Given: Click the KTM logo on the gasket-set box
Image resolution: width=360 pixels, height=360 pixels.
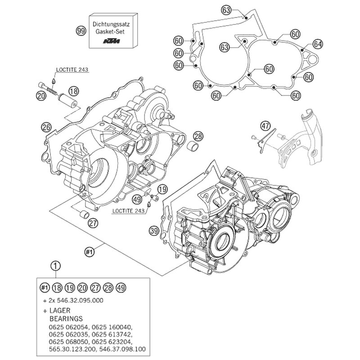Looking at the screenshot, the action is [111, 41].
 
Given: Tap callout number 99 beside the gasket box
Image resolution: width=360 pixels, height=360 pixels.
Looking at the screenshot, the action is [81, 31].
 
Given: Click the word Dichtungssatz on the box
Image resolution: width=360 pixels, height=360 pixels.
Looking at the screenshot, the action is [111, 24].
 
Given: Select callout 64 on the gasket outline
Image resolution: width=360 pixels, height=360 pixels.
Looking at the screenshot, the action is [318, 44].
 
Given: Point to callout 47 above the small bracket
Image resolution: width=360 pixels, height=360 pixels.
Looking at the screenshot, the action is [265, 126].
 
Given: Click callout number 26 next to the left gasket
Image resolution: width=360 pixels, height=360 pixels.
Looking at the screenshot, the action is [46, 127].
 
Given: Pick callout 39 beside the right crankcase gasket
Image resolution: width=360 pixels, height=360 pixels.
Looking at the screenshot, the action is [154, 231].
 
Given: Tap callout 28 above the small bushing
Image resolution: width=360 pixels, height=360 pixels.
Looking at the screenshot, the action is [198, 136].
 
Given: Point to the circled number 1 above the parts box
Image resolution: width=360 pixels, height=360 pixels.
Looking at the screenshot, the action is [55, 266].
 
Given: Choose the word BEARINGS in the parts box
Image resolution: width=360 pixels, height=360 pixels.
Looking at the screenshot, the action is [66, 319].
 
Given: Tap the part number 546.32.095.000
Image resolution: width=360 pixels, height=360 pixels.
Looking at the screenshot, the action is [80, 300].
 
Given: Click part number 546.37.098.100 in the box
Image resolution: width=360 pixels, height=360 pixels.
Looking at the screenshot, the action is [123, 349].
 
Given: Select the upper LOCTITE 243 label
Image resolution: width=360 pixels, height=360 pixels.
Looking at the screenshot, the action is [72, 69].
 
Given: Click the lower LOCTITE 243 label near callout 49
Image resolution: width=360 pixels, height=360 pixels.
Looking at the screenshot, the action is [128, 211].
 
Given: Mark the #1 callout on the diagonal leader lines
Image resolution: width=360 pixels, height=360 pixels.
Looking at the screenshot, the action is [90, 252].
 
